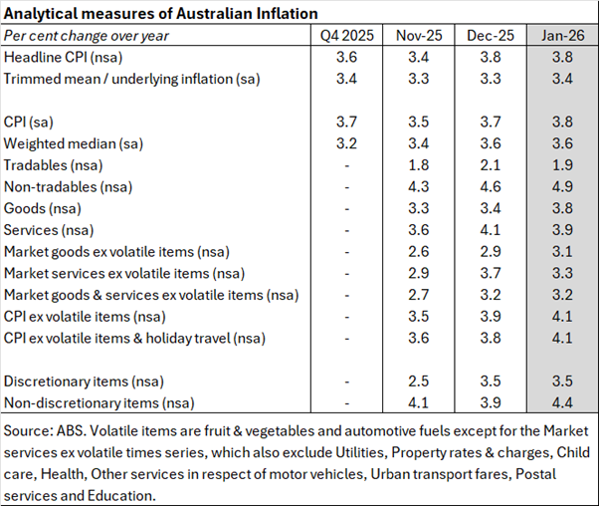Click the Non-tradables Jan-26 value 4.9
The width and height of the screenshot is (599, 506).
click(x=562, y=186)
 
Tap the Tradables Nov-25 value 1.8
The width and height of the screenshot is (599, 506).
click(x=419, y=165)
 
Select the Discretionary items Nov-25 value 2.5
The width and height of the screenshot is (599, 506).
click(x=419, y=381)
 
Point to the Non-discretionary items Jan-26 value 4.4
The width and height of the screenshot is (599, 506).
click(x=562, y=403)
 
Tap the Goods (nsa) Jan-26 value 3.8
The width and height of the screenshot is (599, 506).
click(x=562, y=208)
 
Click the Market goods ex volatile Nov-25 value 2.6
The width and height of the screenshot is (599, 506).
click(x=419, y=252)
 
